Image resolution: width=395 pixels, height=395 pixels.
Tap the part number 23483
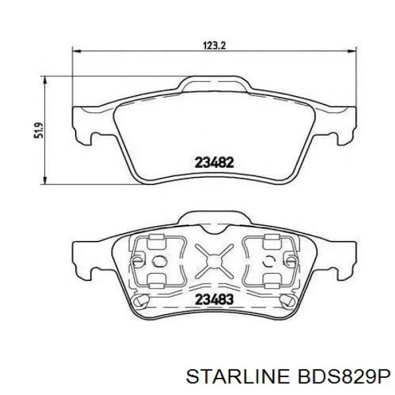coord(213,298)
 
